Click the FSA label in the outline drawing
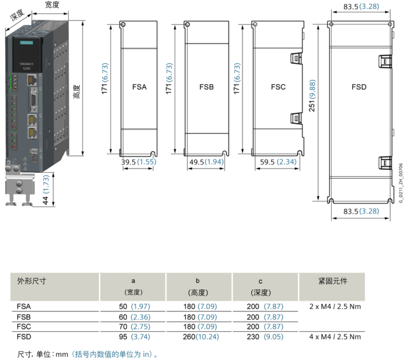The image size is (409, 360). pos(139,87)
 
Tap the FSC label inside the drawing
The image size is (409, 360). pos(278,87)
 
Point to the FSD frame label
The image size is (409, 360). pos(359,87)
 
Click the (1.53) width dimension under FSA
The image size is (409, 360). pos(146,162)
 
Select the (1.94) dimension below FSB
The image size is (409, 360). pos(213,162)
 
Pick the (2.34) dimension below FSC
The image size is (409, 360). pos(287,162)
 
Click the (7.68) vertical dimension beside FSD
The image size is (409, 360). pos(313,89)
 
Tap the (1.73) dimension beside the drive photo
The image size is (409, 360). pos(46,184)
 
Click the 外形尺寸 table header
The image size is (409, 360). pos(31,281)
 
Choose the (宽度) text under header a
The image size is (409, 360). pos(133,292)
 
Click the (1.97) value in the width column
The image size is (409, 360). pos(141,307)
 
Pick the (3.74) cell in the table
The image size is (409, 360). pos(141,337)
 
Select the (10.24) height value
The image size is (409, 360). pos(207,337)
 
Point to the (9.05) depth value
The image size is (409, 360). pos(273,337)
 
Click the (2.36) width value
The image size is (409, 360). pos(141,317)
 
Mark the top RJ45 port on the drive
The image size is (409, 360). pos(32,80)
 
